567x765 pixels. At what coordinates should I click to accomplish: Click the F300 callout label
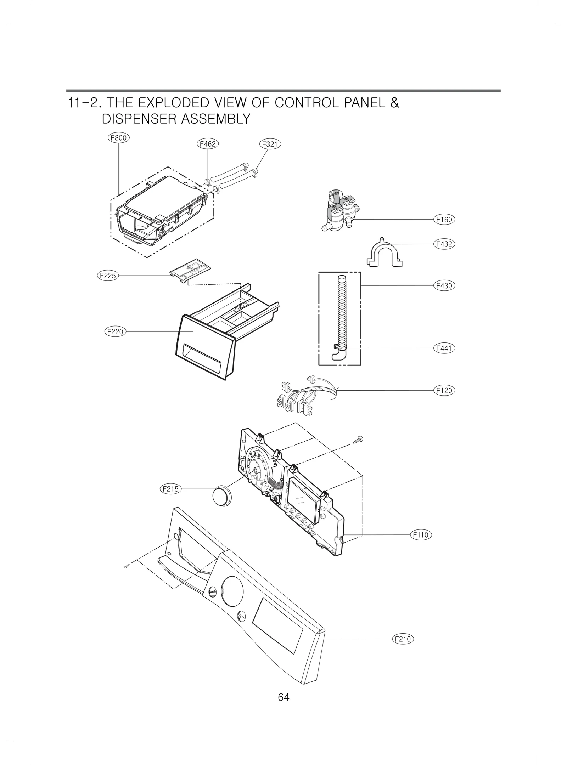click(x=118, y=138)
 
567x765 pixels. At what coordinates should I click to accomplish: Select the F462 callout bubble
click(x=208, y=144)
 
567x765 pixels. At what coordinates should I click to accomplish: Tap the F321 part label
click(x=270, y=144)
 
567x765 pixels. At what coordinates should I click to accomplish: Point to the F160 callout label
click(x=444, y=220)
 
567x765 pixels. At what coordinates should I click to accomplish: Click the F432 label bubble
click(x=444, y=244)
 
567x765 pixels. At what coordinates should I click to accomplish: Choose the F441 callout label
click(x=444, y=348)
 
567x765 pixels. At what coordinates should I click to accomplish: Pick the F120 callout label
click(x=444, y=390)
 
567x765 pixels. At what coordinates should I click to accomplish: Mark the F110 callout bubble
click(x=421, y=545)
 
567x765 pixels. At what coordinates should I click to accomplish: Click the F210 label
click(x=403, y=639)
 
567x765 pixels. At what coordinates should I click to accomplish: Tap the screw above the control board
click(x=359, y=440)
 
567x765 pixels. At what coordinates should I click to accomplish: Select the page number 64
click(x=283, y=697)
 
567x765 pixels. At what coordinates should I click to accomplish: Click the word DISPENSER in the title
click(x=139, y=119)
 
